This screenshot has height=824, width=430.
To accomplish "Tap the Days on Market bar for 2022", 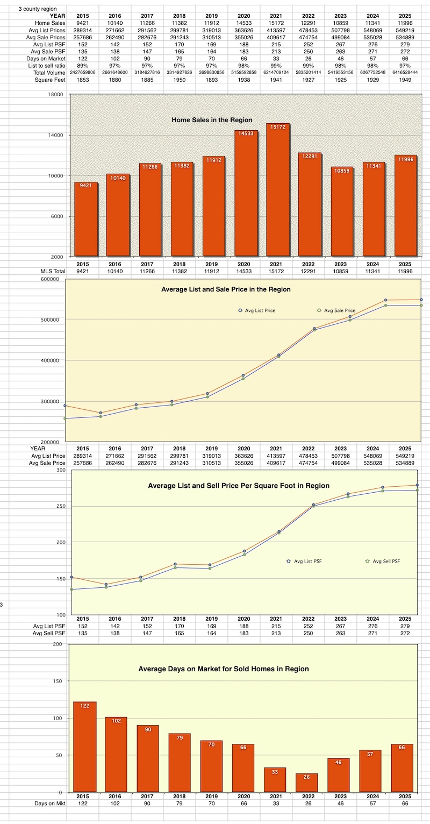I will point(306,783).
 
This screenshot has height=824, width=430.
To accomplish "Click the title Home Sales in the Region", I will point(212,119).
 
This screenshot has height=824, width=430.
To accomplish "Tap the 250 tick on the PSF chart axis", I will point(61,506).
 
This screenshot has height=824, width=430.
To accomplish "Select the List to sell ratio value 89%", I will point(83,65).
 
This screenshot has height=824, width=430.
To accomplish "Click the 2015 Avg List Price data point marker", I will point(65,406).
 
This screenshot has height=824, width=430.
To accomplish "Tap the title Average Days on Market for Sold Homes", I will point(224,669).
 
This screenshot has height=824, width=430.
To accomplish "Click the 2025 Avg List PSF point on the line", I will point(417,485).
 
